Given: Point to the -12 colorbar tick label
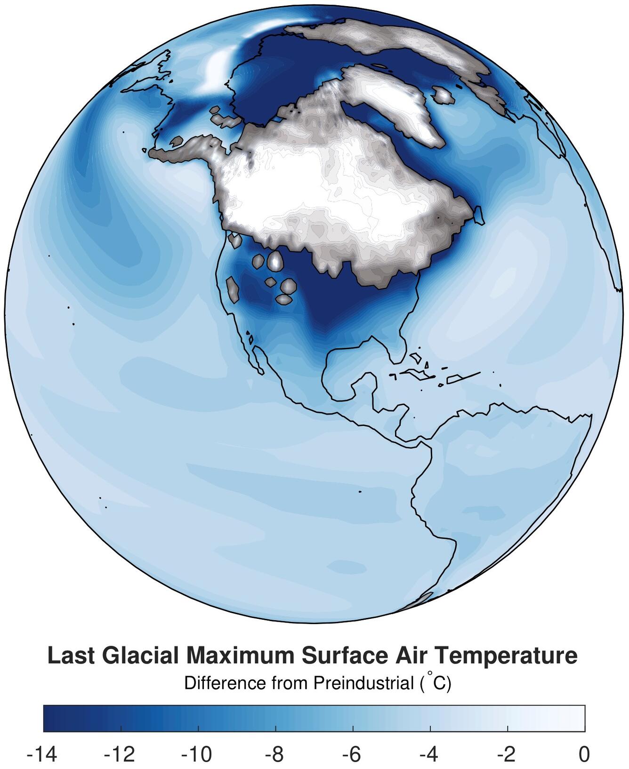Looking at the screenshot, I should tap(120, 754).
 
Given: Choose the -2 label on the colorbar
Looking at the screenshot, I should tap(506, 754).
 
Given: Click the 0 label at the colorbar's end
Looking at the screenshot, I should tap(584, 754).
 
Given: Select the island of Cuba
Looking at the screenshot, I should tap(416, 374).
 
